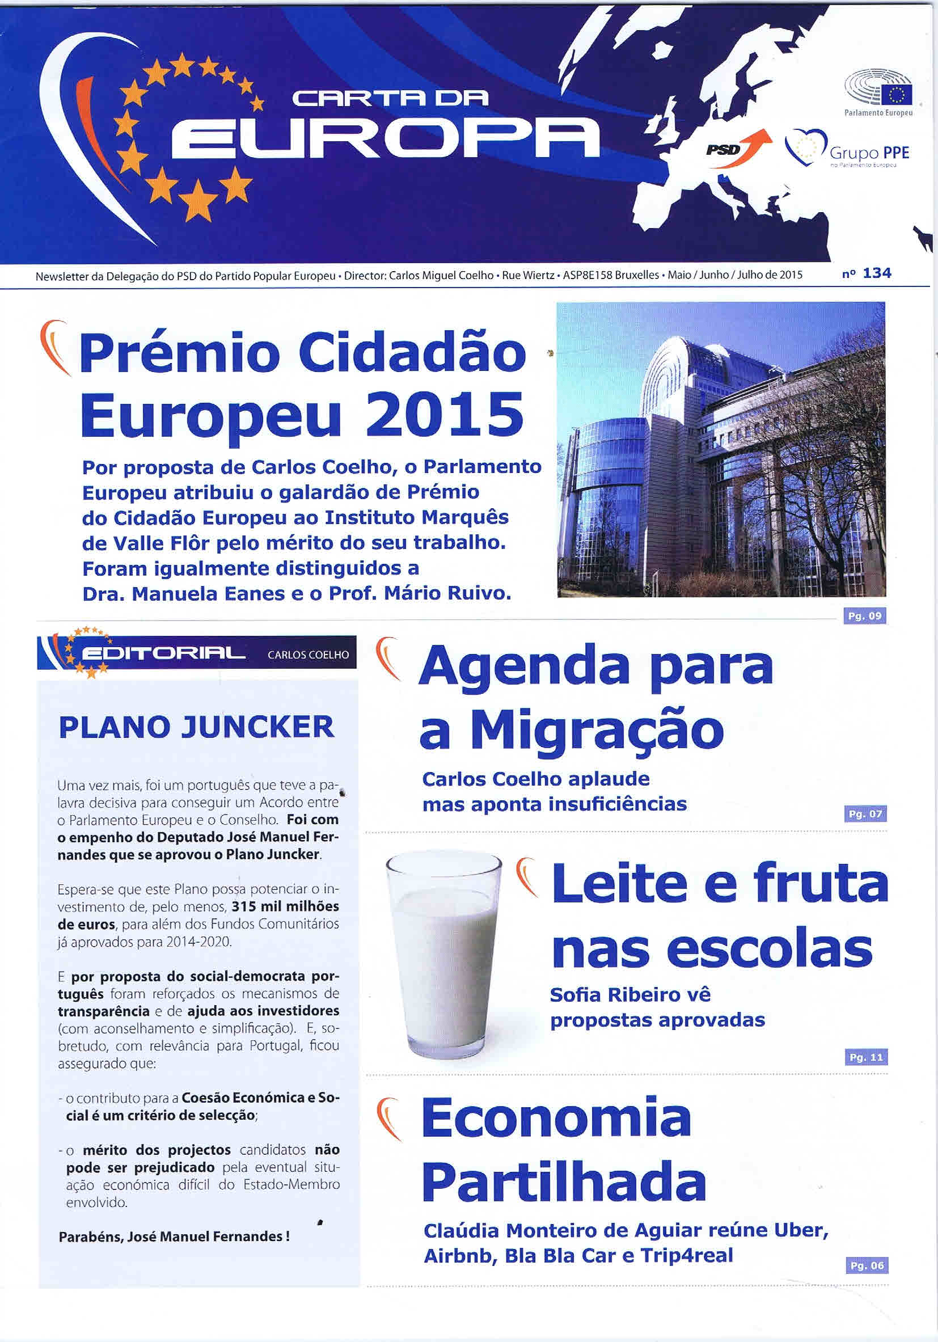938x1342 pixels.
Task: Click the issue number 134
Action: (877, 273)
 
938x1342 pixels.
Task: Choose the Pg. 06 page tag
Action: (867, 1265)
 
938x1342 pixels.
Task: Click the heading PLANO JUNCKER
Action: (197, 728)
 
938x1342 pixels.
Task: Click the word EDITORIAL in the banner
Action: (163, 653)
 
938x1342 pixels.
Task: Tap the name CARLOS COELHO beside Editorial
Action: (308, 655)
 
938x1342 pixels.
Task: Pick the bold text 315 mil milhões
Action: (285, 907)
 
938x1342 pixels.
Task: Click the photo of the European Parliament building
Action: (721, 449)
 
